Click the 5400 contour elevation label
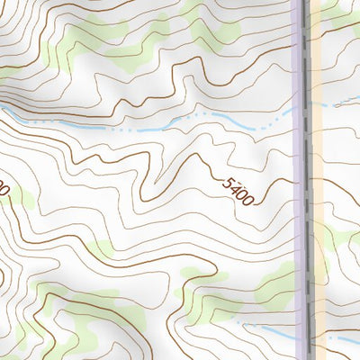click(238, 190)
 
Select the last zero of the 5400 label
click(247, 198)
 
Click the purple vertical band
click(301, 180)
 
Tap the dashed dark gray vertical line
click(309, 180)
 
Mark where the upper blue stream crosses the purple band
click(301, 108)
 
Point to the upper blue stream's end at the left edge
click(3, 107)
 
